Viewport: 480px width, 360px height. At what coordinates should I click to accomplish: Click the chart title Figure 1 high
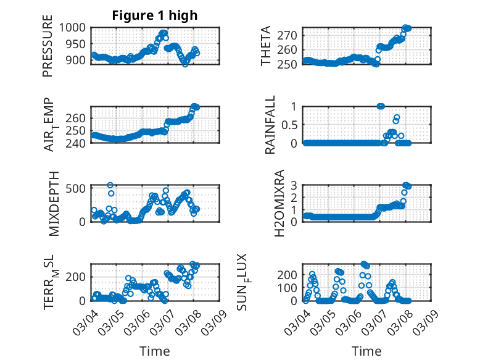tap(155, 15)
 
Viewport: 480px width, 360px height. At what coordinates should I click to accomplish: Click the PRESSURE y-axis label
tap(48, 51)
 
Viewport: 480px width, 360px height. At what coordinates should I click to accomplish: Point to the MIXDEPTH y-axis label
tap(54, 203)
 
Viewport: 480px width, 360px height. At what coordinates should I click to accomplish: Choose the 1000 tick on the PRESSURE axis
tap(75, 28)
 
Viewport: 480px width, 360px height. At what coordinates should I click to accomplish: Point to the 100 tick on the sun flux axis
tap(289, 287)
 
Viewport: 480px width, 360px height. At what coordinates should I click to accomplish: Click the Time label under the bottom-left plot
tap(155, 351)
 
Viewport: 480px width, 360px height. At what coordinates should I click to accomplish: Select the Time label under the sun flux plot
tap(366, 351)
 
